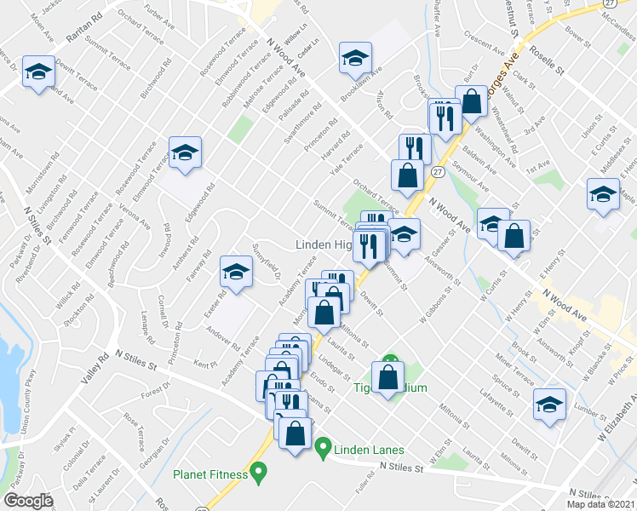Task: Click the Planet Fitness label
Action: coord(212,475)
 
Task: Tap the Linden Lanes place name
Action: coord(369,450)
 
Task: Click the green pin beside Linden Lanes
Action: coord(323,446)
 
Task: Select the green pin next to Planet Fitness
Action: coord(261,470)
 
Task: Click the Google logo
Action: coord(29,500)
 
